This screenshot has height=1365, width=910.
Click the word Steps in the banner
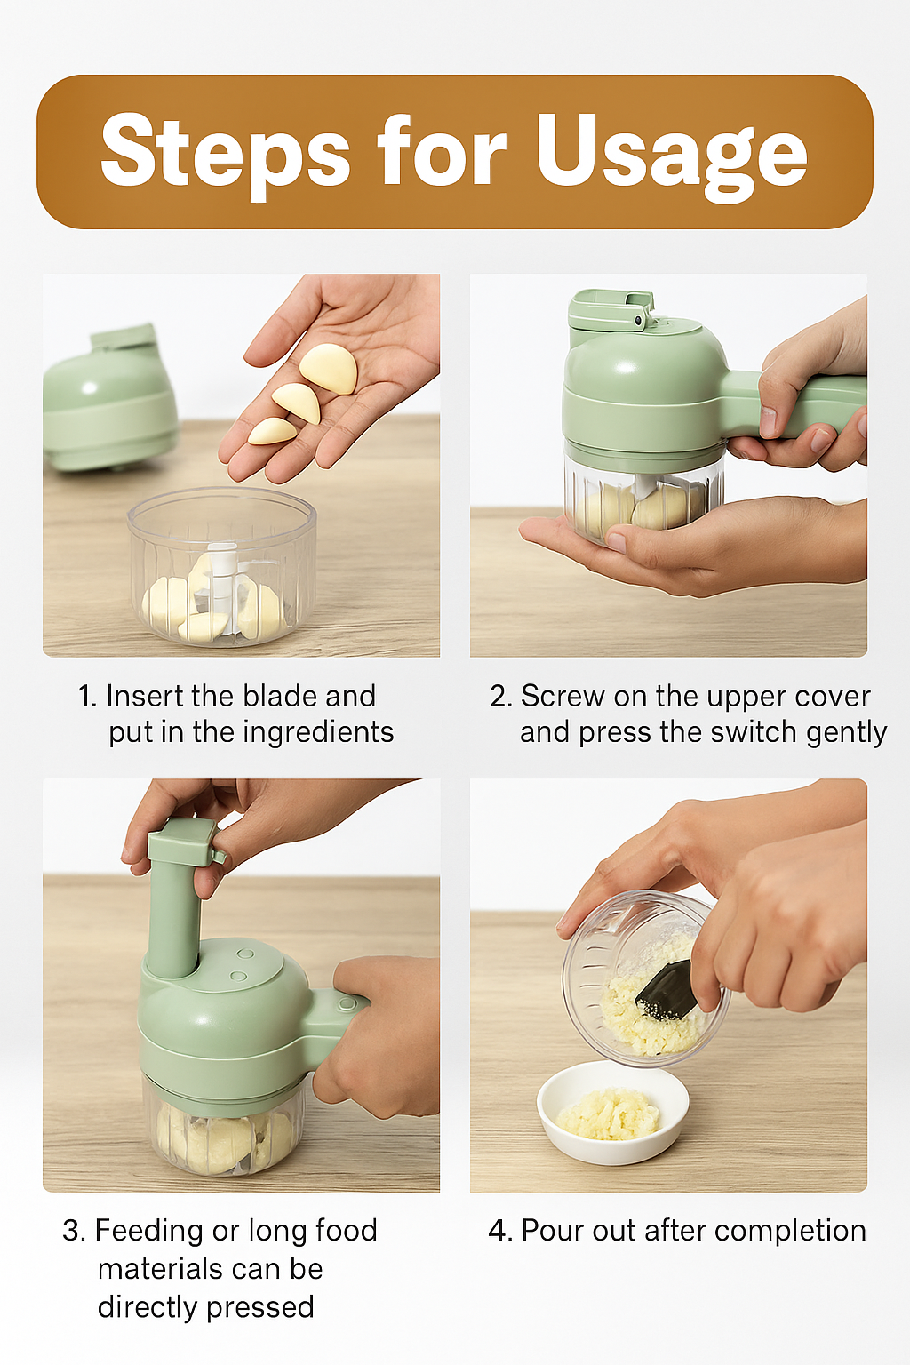tap(225, 150)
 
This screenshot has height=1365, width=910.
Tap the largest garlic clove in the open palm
tap(328, 367)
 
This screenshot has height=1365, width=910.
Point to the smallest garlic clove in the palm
tap(272, 431)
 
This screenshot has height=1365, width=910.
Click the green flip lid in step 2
tap(611, 310)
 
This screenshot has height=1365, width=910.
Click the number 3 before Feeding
tap(73, 1231)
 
